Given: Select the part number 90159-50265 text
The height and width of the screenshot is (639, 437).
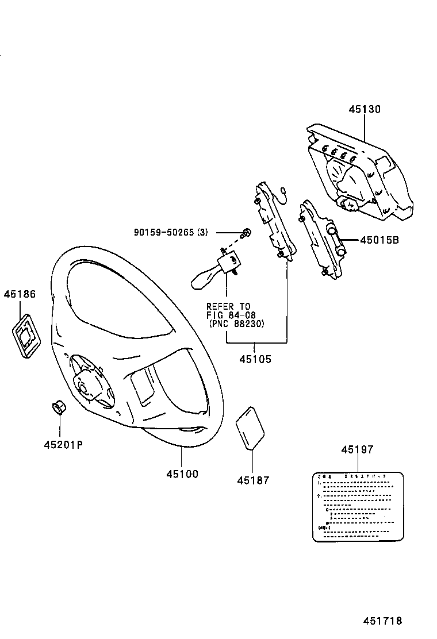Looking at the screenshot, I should pos(164,232).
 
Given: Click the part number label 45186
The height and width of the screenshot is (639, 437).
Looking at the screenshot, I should pos(20,294).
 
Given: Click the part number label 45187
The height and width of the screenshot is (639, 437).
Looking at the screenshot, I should pos(253,480).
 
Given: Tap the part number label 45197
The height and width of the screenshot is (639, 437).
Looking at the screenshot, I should pos(357,450).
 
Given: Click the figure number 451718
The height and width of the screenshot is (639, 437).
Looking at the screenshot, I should pos(382,621).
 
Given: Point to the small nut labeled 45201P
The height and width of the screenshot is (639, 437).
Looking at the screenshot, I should pos(58,409).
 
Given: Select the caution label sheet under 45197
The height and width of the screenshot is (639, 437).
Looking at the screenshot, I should pos(357,506).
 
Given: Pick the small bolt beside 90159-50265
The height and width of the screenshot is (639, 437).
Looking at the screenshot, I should pos(246,232).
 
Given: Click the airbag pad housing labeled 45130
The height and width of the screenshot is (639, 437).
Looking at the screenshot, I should pos(359,172).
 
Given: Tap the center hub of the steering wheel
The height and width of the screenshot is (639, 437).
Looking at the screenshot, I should pos(89,387).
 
